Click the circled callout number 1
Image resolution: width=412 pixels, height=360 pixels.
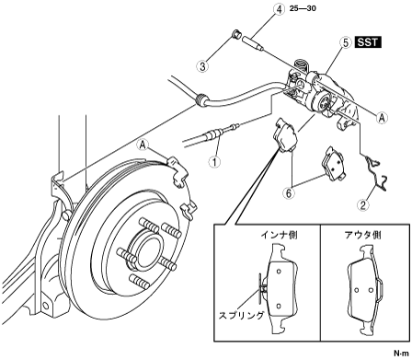pos(214,161)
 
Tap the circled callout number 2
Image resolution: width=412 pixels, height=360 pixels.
pos(363,205)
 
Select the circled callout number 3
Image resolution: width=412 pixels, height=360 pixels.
pos(202,66)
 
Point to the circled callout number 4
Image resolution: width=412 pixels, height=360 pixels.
pos(279,9)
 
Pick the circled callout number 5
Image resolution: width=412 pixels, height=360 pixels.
pos(346,42)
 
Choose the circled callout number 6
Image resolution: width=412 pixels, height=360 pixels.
pos(289,193)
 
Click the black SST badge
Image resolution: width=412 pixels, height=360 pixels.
pos(368,42)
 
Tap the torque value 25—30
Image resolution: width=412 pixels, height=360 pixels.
pos(303,8)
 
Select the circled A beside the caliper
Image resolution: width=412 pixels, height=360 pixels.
pos(382,118)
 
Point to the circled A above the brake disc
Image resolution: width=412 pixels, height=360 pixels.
pos(143,145)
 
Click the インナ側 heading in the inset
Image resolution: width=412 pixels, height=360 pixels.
pos(280,236)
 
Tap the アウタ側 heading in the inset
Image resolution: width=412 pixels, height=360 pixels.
pos(362,236)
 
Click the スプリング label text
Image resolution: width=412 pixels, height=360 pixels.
pos(241,316)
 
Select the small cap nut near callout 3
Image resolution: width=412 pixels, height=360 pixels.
pos(236,34)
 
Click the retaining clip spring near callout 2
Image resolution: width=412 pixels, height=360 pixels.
pos(376,173)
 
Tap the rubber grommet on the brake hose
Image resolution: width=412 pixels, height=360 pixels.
pos(201,99)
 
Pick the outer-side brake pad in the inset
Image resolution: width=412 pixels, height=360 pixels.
pos(365,290)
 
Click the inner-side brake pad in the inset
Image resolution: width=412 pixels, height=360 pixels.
pos(281,289)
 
